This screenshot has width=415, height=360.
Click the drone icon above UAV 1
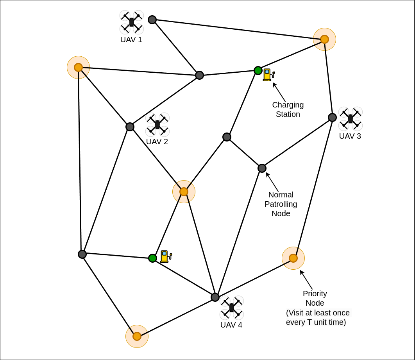coord(132,22)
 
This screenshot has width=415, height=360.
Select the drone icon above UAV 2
coord(157,124)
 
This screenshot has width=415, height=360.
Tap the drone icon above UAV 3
coord(351,118)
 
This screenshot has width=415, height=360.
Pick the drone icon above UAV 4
coord(232,308)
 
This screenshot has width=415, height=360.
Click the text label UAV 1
coord(131,39)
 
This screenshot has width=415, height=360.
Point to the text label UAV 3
coord(350,136)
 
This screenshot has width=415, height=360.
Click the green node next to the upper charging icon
coord(258,70)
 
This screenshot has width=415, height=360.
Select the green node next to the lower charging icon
coord(152,258)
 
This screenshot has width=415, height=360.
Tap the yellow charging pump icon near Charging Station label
coord(268,75)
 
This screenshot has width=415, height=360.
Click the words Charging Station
coord(288,109)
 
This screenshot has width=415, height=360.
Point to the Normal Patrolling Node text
coord(281,204)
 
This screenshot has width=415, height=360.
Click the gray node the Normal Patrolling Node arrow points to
coord(262,168)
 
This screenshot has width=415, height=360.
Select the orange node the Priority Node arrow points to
coord(293,258)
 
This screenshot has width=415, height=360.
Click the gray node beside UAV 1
coord(152,20)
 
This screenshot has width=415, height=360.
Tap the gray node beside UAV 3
coord(332,117)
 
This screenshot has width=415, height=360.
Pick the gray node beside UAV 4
coord(215,297)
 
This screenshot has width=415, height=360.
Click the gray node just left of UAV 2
coord(130,127)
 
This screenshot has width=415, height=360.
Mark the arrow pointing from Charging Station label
coord(279,92)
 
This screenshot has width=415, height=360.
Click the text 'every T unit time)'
coord(316,322)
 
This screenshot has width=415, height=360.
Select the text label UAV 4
coord(231,325)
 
